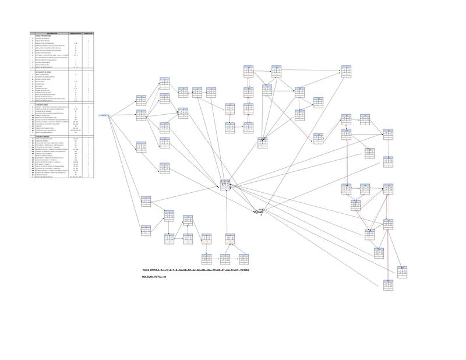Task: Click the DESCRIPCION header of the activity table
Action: [x=50, y=33]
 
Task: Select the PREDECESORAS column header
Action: [x=76, y=33]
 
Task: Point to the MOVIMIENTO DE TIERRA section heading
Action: [x=44, y=71]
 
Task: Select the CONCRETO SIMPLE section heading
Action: [x=43, y=104]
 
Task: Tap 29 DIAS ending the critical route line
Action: [x=244, y=271]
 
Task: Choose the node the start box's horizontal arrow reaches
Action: [x=142, y=115]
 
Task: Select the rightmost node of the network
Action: [x=401, y=271]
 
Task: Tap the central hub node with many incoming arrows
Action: [x=225, y=185]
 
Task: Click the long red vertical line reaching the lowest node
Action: [x=386, y=233]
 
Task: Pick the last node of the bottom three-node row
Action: [x=244, y=258]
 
